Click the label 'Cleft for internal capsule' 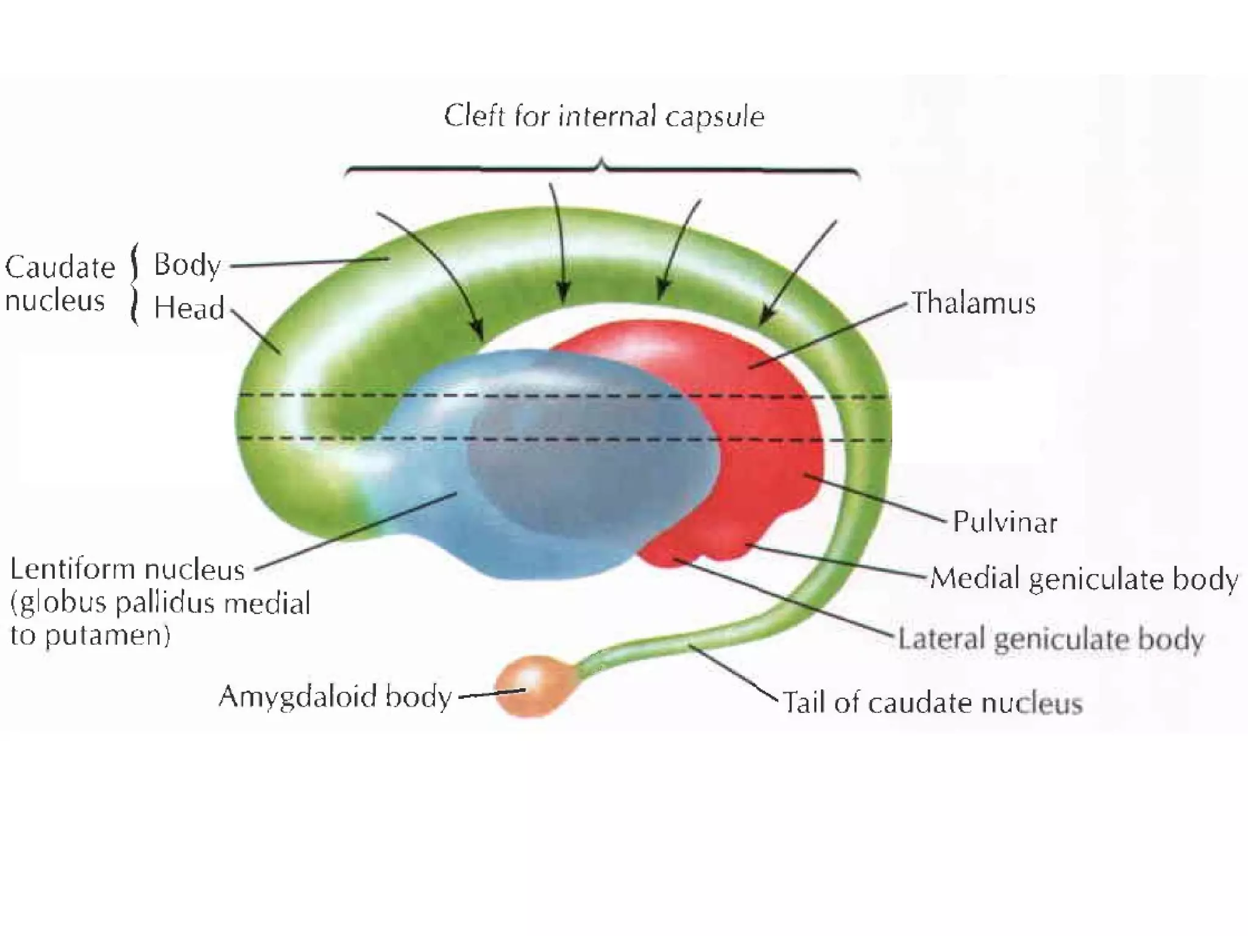(603, 116)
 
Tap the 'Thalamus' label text (973, 303)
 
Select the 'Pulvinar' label (1005, 522)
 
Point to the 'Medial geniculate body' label (1084, 578)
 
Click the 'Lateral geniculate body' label (1051, 639)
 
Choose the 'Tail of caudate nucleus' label (932, 703)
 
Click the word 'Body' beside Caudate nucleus (187, 266)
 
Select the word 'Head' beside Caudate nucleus (189, 308)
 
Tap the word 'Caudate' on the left (60, 267)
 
